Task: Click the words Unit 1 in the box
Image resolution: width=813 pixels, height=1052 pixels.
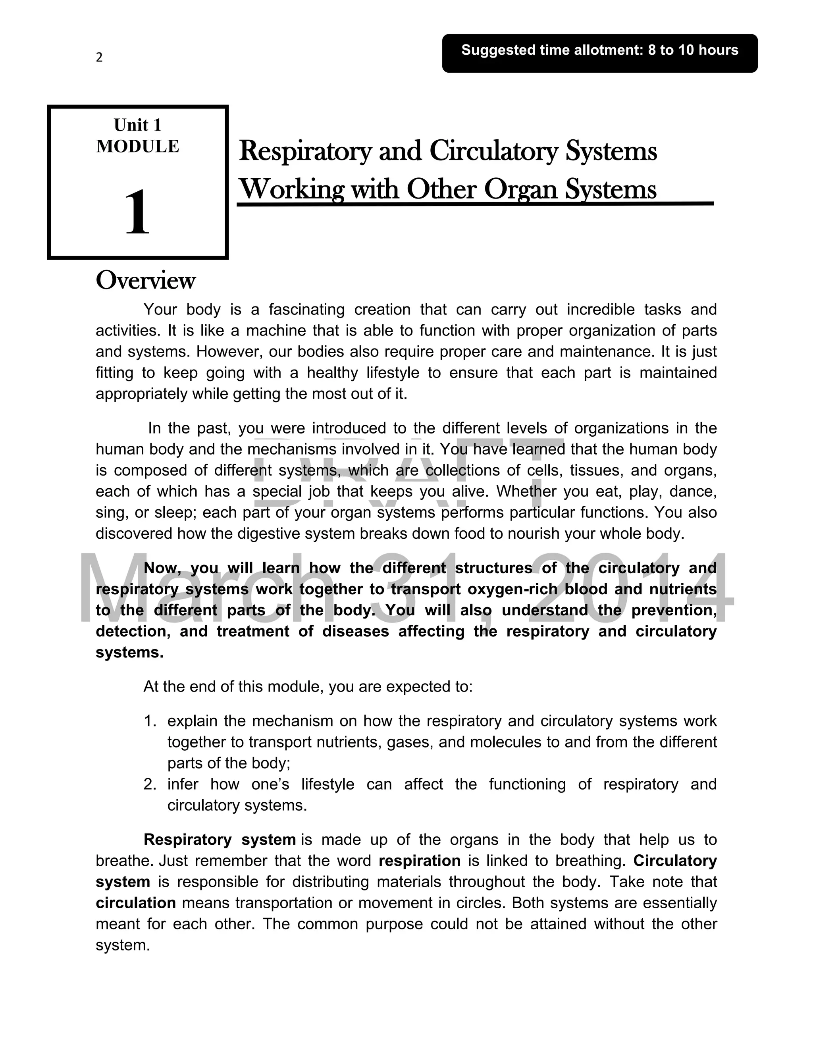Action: coord(137,125)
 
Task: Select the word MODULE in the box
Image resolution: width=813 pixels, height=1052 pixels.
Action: coord(137,146)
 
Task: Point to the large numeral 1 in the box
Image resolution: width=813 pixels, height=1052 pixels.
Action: coord(137,212)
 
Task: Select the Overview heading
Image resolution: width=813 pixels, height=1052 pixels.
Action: coord(145,280)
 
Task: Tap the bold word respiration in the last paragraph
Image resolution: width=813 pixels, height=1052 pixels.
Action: coord(420,861)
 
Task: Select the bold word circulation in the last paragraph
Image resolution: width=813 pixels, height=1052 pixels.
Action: coord(136,903)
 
